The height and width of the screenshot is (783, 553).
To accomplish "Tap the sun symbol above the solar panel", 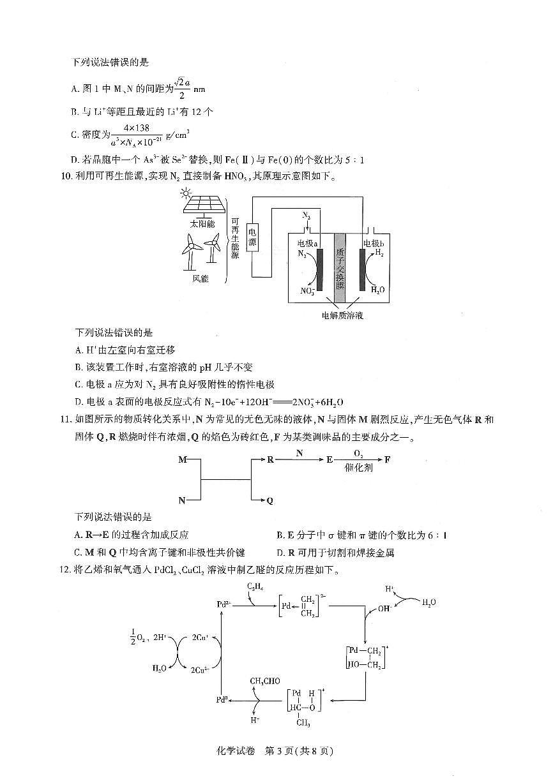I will pos(186,192).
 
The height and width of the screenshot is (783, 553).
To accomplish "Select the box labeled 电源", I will pos(252,238).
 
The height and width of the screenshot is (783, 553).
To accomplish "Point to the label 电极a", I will pos(308,244).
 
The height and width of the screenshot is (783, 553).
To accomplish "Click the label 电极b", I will pos(373,244).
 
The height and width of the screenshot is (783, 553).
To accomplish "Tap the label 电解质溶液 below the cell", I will pos(342,315).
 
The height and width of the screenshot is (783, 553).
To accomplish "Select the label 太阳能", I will pos(202,224).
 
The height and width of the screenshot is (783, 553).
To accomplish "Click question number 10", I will pos(64,177).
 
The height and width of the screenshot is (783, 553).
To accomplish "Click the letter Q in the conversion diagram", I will pos(269,501).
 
